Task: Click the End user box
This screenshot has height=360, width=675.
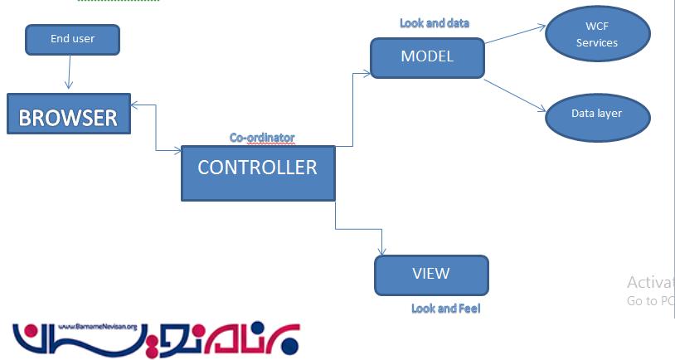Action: coord(72,39)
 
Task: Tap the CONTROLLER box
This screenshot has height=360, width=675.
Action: coord(258,173)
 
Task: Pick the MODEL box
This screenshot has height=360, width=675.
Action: coord(427,57)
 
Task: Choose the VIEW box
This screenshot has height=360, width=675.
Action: coord(431,275)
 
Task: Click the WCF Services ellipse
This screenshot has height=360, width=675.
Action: coord(597,35)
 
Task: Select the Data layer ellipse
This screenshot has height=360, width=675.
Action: coord(597,114)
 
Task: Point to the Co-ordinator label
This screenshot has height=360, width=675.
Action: coord(262,138)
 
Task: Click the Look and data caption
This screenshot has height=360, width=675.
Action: coord(435,23)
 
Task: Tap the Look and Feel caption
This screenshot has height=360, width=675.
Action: coord(446,309)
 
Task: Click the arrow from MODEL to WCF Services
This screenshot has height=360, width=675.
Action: coord(514,34)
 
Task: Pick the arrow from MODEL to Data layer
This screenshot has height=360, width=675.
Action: coord(514,96)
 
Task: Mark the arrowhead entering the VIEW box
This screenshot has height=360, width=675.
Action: coord(382,251)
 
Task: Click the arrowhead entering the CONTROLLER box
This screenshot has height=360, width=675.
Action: coord(177,151)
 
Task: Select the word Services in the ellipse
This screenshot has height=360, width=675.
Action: coord(597,42)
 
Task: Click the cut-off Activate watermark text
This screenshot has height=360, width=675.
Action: coord(650,282)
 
